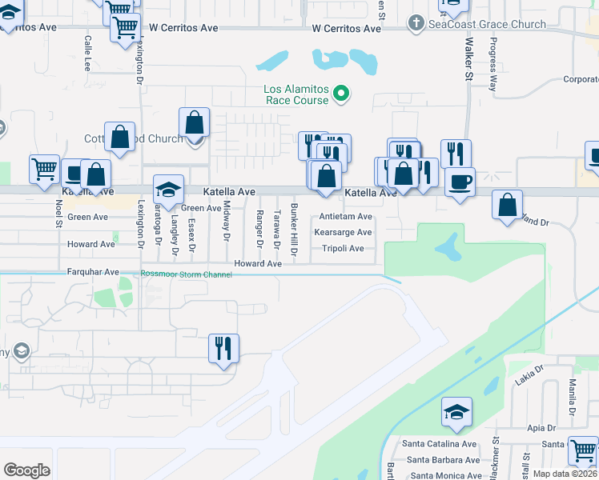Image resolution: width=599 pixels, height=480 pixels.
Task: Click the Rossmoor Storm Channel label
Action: coord(186,274)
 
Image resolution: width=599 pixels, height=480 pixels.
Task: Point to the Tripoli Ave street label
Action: coord(343,248)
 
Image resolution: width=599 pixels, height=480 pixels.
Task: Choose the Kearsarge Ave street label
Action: coord(343,232)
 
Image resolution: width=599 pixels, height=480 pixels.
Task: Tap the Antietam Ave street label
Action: coord(345,217)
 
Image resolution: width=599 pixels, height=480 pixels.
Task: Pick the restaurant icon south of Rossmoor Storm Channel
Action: coord(223,348)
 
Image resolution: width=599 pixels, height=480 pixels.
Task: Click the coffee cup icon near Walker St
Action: coord(459,182)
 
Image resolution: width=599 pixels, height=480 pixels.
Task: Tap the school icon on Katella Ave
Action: coord(168,189)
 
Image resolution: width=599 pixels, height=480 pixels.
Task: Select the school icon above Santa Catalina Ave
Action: coord(456,412)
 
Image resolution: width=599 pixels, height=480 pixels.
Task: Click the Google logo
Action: coord(26,470)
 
